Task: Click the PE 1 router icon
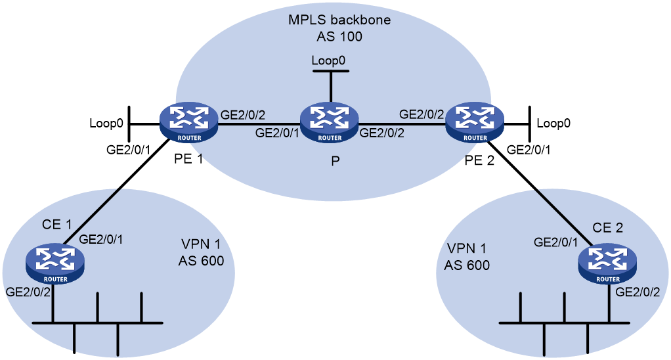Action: click(x=188, y=122)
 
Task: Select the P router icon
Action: click(x=330, y=122)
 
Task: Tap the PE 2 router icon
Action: click(x=475, y=122)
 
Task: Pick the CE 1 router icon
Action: click(x=55, y=263)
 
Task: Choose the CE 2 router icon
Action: click(x=608, y=263)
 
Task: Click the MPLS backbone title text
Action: click(x=339, y=20)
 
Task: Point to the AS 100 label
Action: click(x=339, y=37)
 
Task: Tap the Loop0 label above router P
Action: click(x=328, y=61)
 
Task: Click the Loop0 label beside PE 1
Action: click(x=106, y=124)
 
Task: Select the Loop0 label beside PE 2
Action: click(x=553, y=124)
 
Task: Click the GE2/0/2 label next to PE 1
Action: click(x=243, y=115)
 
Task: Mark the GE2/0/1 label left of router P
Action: click(x=277, y=133)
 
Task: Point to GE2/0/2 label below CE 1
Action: click(x=28, y=292)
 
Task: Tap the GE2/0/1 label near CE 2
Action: click(x=555, y=242)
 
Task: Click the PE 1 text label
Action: click(x=188, y=159)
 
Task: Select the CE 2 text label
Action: click(x=608, y=228)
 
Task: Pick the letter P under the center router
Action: click(x=335, y=160)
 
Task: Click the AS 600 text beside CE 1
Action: click(x=201, y=260)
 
